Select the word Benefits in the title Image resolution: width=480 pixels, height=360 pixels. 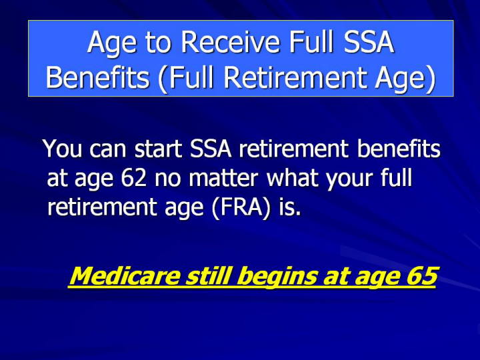tap(97, 77)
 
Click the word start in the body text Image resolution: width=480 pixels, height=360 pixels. tap(159, 149)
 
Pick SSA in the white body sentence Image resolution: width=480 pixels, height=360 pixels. tap(210, 149)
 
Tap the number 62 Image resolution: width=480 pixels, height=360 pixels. tap(133, 178)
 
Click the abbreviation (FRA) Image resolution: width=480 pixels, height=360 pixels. tap(241, 207)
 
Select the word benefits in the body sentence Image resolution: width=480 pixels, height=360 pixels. tap(399, 149)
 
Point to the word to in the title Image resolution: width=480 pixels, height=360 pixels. tap(157, 43)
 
